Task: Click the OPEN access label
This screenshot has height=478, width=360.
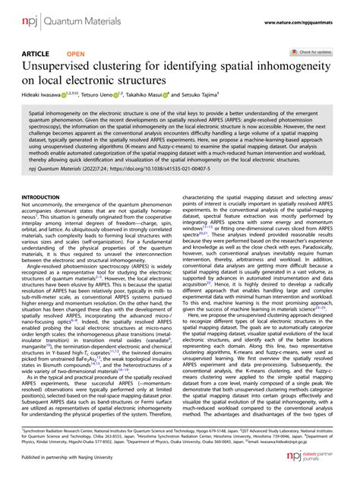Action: (x=76, y=55)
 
